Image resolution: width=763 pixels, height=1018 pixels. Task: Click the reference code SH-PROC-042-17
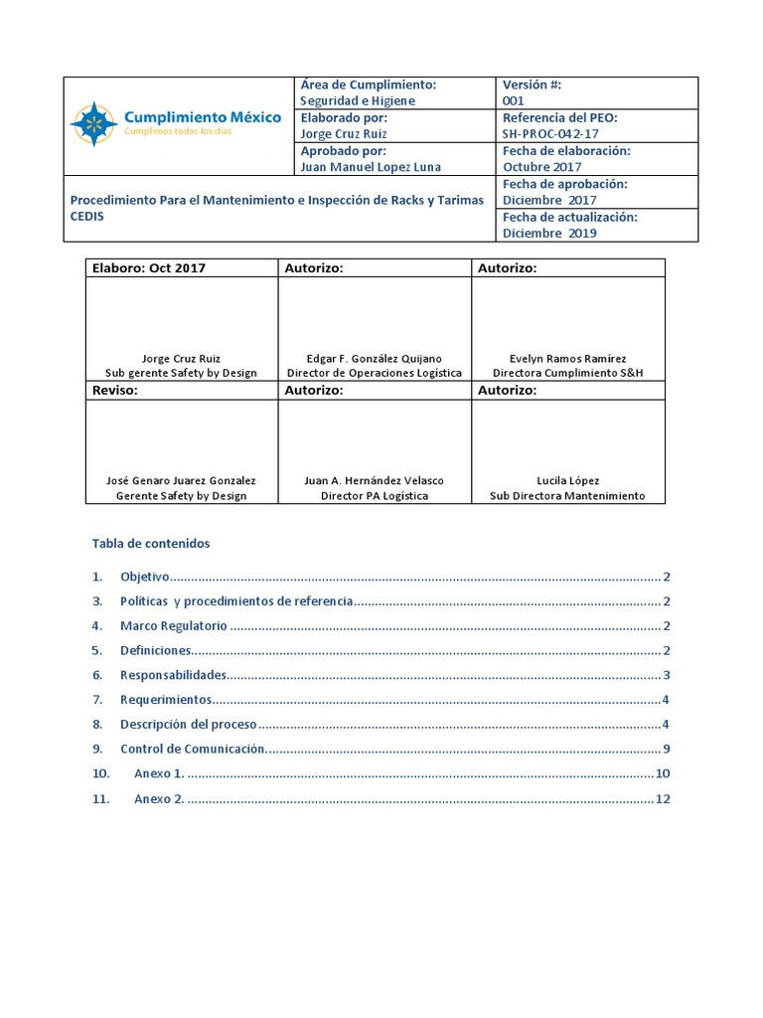tap(550, 134)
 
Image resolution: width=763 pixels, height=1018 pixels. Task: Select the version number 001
tap(514, 101)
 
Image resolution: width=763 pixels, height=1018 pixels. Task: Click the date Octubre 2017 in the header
tap(542, 167)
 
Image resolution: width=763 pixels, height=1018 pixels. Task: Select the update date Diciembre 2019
tap(549, 233)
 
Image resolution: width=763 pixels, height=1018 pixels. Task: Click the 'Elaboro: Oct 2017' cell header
tap(149, 268)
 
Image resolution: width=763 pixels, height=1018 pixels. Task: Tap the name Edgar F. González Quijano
tap(375, 358)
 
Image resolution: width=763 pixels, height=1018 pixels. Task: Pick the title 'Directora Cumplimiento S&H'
tap(567, 373)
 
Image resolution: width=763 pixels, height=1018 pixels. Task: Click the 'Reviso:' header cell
tap(115, 391)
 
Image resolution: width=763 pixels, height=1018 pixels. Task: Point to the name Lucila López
tap(567, 480)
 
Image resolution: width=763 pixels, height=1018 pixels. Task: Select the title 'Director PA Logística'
tap(375, 495)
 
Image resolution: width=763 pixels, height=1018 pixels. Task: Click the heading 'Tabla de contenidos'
tap(151, 544)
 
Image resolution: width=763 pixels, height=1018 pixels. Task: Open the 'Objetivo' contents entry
tap(145, 577)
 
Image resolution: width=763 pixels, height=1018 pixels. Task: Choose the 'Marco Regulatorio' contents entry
tap(174, 626)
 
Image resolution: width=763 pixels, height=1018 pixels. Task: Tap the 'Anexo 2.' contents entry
tap(159, 798)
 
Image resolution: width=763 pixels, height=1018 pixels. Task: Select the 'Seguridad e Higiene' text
tap(358, 101)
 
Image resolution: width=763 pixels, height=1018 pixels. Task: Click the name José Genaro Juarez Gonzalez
tap(181, 480)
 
